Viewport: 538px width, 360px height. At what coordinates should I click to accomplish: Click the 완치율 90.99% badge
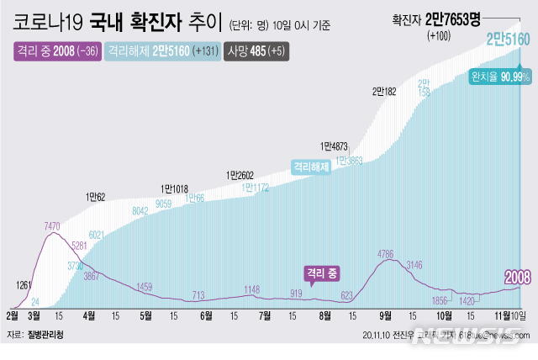(x=500, y=77)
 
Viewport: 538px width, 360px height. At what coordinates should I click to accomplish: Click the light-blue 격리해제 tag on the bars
(x=311, y=167)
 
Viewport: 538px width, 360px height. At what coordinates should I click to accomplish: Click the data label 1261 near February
(x=24, y=285)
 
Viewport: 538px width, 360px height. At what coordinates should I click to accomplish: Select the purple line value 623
(x=346, y=294)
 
